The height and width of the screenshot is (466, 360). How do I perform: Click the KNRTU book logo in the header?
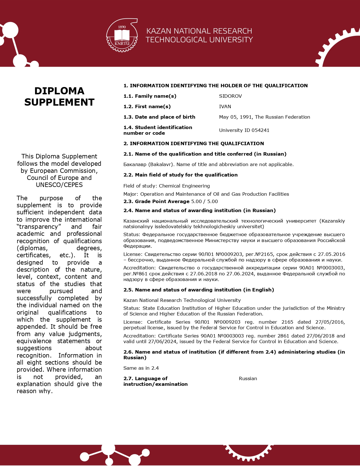pyautogui.click(x=122, y=36)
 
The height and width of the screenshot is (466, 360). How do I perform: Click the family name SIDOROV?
pyautogui.click(x=230, y=96)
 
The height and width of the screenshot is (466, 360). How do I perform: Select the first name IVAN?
pyautogui.click(x=225, y=106)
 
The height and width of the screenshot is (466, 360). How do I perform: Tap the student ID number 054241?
pyautogui.click(x=260, y=130)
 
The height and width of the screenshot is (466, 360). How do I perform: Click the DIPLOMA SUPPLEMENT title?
pyautogui.click(x=59, y=96)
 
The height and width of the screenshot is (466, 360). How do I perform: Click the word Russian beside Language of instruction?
pyautogui.click(x=248, y=378)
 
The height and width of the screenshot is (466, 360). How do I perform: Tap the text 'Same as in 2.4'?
pyautogui.click(x=141, y=368)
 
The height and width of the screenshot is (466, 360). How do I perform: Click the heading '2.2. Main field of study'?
pyautogui.click(x=180, y=175)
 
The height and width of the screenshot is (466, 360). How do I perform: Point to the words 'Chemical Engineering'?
pyautogui.click(x=184, y=186)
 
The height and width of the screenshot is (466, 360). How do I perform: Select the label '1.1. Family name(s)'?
pyautogui.click(x=150, y=96)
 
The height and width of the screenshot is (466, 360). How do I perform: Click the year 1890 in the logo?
pyautogui.click(x=122, y=27)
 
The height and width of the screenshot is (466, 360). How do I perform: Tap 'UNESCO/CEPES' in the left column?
pyautogui.click(x=59, y=185)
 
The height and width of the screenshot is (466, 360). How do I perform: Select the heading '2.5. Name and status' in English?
pyautogui.click(x=198, y=290)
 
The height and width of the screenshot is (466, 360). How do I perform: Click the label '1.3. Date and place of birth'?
pyautogui.click(x=159, y=117)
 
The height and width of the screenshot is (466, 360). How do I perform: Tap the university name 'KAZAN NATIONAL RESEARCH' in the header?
pyautogui.click(x=199, y=31)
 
